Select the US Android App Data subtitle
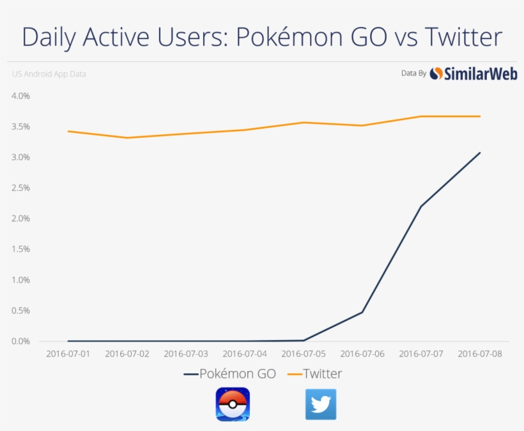[49, 74]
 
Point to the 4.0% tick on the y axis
[20, 96]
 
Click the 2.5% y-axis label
[20, 188]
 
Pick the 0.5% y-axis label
[20, 311]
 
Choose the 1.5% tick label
[20, 249]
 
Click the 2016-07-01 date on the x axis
[68, 354]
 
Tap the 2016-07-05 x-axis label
[304, 354]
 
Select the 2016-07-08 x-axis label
[480, 354]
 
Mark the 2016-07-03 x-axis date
[186, 354]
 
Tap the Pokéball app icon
[233, 404]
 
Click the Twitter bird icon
[321, 404]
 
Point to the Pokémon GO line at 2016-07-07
[421, 206]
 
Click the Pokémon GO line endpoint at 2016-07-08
[480, 153]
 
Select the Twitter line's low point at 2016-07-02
[127, 137]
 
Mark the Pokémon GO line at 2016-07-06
[362, 312]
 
